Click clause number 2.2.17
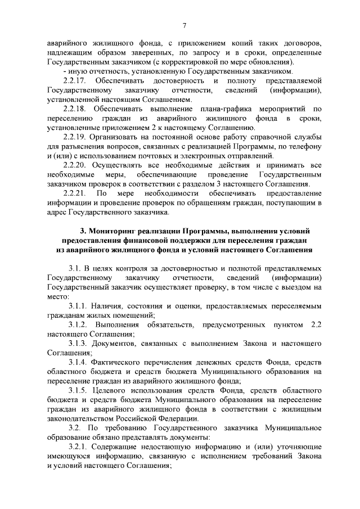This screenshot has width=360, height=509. click(75, 80)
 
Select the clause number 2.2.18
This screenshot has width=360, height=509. click(75, 107)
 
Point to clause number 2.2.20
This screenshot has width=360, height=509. click(75, 165)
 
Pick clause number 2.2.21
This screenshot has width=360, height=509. click(75, 193)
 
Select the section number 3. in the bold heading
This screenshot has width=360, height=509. click(84, 231)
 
